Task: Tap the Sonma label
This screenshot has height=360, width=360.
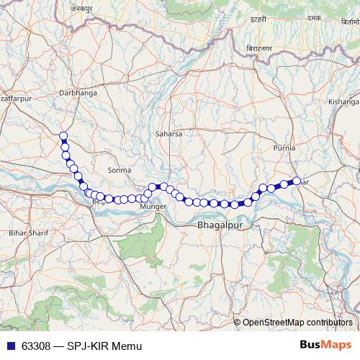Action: point(118,171)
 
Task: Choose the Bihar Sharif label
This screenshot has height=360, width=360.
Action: point(27,233)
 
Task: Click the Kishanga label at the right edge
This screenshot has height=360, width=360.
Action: point(343,102)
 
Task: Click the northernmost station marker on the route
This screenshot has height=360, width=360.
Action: point(63,136)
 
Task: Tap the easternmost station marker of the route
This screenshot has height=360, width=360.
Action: point(296,181)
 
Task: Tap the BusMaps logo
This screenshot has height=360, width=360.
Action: point(327,345)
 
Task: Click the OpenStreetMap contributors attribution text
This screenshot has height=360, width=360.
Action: point(297,323)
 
